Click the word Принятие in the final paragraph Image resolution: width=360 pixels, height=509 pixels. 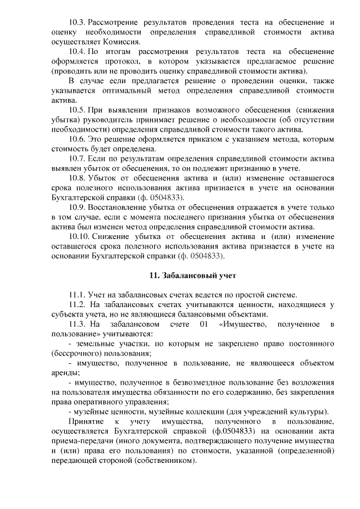85,421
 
